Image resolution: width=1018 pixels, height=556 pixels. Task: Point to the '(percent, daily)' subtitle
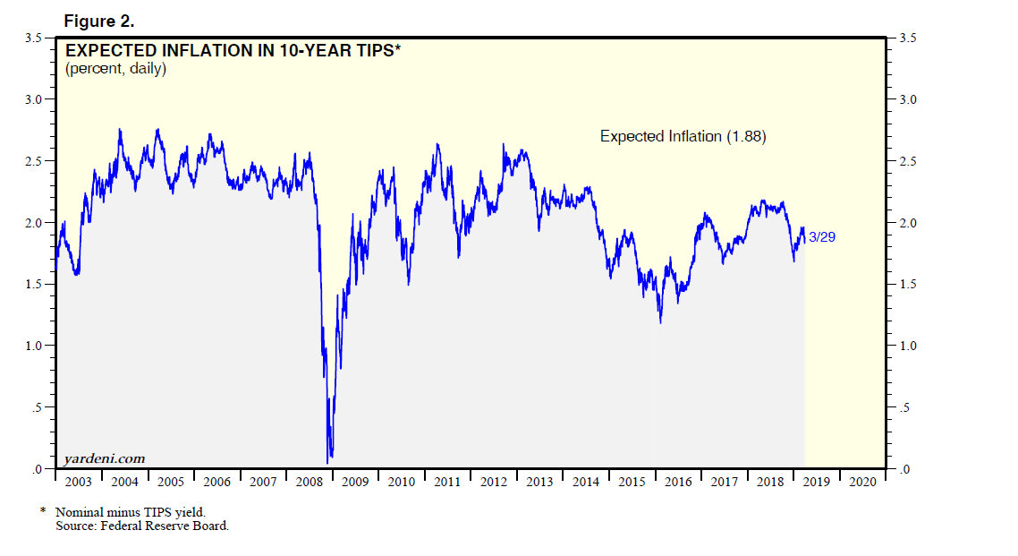coord(115,69)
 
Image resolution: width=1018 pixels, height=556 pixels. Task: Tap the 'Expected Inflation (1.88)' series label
coord(683,137)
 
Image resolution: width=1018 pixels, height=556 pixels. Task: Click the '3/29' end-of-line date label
coord(821,237)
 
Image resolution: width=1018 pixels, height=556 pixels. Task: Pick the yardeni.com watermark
coord(104,458)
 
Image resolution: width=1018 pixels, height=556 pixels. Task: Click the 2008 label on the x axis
coord(309,482)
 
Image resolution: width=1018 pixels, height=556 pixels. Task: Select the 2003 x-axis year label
coord(78,482)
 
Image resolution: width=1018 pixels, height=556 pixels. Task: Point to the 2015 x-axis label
coord(632,482)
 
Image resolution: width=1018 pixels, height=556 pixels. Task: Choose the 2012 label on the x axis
coord(493,482)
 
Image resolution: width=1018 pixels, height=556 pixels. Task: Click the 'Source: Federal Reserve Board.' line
coord(142,526)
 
